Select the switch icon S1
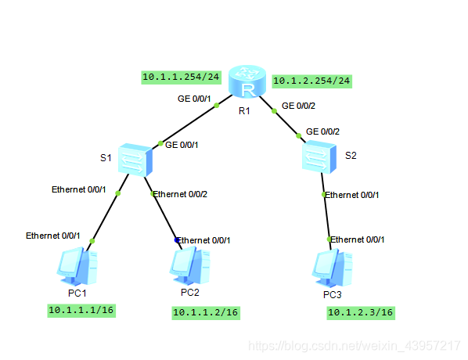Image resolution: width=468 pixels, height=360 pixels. click(x=135, y=160)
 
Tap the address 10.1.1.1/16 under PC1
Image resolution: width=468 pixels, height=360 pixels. click(x=81, y=310)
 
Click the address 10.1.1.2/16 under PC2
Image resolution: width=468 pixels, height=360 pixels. click(x=204, y=313)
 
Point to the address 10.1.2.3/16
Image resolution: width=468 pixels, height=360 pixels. click(x=360, y=313)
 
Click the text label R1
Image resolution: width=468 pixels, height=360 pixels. click(x=244, y=110)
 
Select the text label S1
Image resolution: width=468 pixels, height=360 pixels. click(x=106, y=158)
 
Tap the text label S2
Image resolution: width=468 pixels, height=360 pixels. click(x=351, y=156)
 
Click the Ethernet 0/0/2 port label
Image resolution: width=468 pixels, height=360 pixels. click(x=180, y=194)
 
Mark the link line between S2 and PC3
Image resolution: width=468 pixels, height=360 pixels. click(x=326, y=215)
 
